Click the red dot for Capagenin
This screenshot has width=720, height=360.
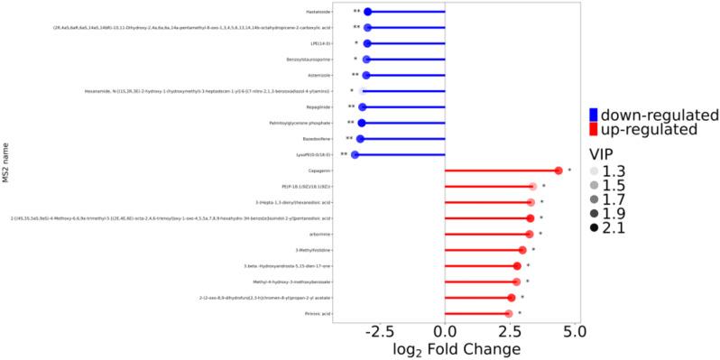click(x=558, y=171)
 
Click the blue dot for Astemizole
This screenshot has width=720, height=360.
click(x=365, y=75)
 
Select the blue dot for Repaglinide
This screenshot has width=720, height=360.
click(x=362, y=106)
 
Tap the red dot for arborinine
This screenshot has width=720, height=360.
click(x=530, y=235)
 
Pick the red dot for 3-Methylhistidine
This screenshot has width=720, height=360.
click(x=522, y=250)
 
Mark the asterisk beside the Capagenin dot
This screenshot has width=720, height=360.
click(x=569, y=170)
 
